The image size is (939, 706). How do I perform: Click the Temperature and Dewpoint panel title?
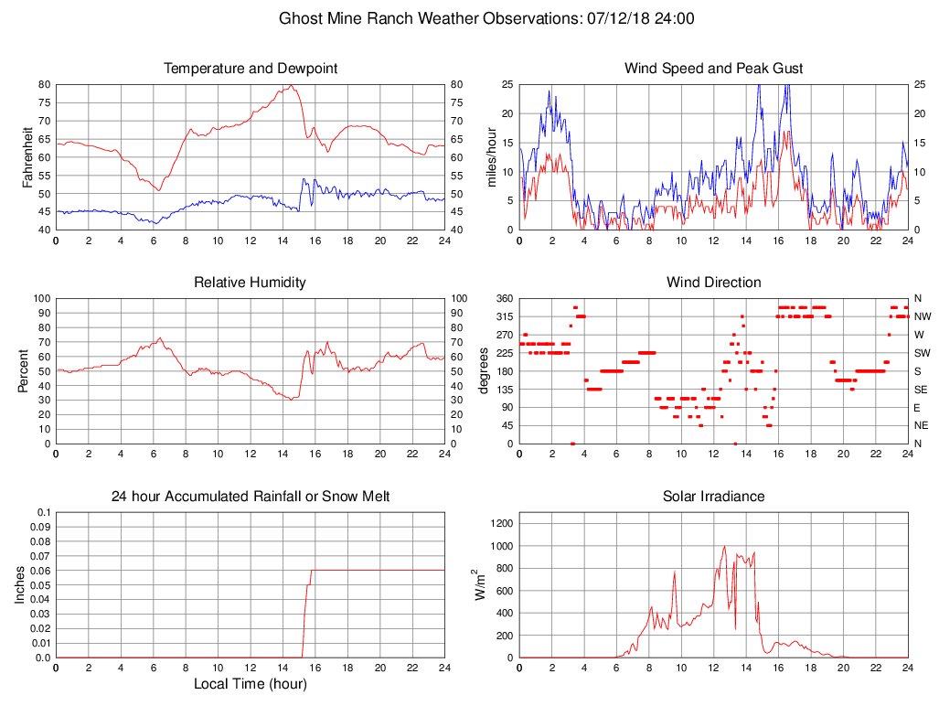click(x=251, y=69)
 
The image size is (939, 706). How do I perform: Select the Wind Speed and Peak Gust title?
click(x=714, y=69)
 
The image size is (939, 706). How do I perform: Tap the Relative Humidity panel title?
click(x=251, y=283)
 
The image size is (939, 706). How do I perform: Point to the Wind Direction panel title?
click(x=714, y=283)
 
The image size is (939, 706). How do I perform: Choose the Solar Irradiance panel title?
click(x=714, y=497)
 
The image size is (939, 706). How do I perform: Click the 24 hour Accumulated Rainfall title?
click(x=251, y=497)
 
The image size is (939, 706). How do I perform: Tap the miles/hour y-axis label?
click(x=491, y=156)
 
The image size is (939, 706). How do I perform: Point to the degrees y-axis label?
click(x=485, y=370)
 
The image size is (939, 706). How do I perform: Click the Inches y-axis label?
click(x=20, y=584)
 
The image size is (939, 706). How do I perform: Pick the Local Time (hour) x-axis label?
click(x=251, y=684)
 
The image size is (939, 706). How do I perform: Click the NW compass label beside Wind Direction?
click(x=921, y=316)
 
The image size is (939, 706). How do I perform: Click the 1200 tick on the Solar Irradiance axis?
click(x=502, y=523)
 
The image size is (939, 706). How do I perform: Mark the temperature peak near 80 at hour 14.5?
click(x=291, y=85)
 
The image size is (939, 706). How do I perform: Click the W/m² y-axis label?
click(x=478, y=584)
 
